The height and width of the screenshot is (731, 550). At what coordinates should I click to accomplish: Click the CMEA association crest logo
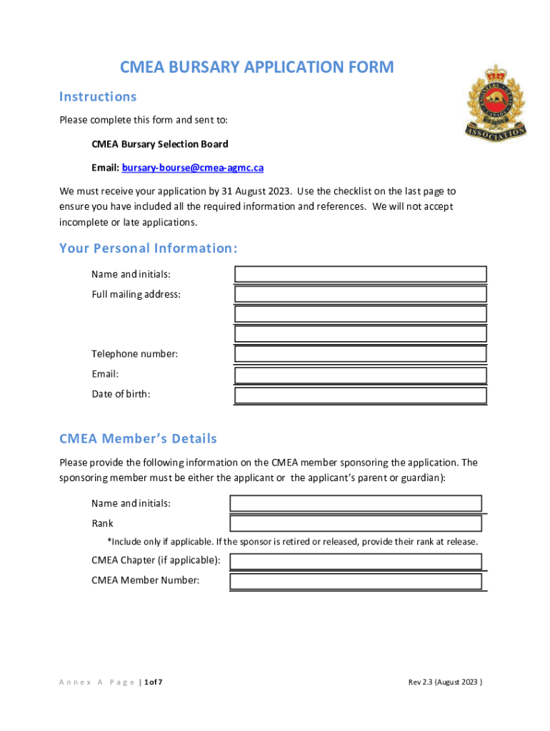click(495, 102)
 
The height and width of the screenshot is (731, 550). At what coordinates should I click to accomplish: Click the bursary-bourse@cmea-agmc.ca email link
click(192, 168)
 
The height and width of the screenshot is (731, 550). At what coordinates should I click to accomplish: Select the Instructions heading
click(98, 96)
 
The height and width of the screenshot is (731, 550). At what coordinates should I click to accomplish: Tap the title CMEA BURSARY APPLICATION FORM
click(256, 68)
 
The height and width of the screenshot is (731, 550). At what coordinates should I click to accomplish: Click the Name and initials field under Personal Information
click(361, 274)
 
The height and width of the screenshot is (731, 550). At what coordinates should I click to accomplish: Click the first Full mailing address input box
click(361, 294)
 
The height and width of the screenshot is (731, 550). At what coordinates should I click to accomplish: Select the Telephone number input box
click(361, 354)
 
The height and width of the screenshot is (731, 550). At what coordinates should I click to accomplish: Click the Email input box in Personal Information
click(361, 375)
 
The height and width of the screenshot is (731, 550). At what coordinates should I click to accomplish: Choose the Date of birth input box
click(361, 395)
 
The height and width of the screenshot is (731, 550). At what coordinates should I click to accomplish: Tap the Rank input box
click(356, 523)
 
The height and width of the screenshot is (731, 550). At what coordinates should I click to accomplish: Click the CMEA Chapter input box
click(356, 560)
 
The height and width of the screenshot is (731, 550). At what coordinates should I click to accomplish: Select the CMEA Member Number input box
click(356, 580)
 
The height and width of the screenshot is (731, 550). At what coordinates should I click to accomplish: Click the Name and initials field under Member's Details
click(356, 503)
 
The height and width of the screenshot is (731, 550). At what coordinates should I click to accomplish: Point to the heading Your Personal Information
click(148, 248)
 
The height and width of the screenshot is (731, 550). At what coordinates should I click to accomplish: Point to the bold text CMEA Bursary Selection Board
click(160, 144)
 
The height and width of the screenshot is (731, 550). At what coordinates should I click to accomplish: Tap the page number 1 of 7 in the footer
click(153, 682)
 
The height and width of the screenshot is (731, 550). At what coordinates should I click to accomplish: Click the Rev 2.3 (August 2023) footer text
click(446, 682)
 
